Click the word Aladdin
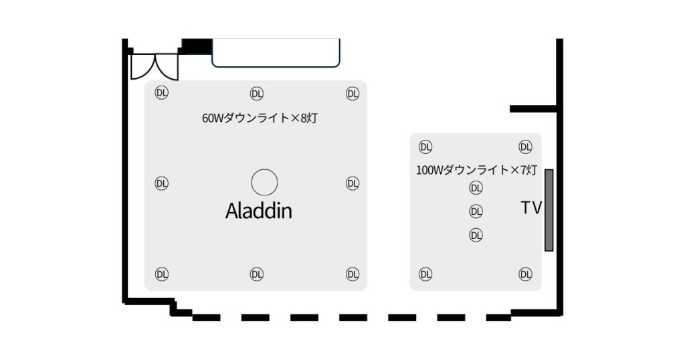pos(259,211)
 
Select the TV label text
pos(531,208)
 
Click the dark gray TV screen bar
pos(549,210)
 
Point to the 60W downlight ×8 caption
pos(260,118)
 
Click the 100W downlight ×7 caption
pos(476,170)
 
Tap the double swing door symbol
pos(155,67)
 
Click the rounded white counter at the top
pos(276,53)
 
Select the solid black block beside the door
pos(197,46)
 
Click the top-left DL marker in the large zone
pos(162,92)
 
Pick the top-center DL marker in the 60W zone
pos(257,94)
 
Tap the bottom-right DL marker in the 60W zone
pos(353,274)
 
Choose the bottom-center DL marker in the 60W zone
pos(257,274)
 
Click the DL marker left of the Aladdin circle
pos(162,183)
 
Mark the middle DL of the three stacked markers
pos(476,212)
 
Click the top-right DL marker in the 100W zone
pos(526,147)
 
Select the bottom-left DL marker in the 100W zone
pos(425,274)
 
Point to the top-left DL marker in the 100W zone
pos(425,147)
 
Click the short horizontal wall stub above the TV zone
pos(533,109)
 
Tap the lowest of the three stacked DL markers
pos(476,236)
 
